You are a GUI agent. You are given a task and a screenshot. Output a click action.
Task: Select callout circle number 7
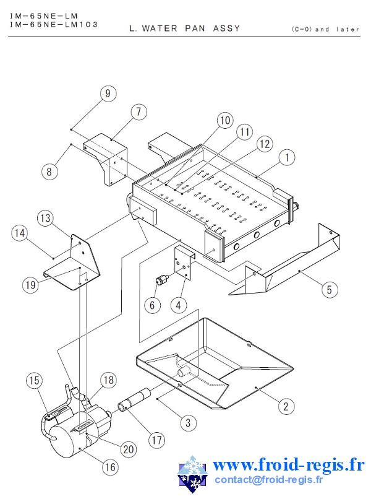(139, 112)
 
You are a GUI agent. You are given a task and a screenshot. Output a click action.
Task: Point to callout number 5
(330, 289)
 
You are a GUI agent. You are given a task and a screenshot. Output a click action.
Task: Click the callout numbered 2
(285, 406)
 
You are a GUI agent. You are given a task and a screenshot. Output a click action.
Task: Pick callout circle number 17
(156, 440)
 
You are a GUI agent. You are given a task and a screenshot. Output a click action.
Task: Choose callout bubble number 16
(110, 467)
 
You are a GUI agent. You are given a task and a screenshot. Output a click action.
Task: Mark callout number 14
(20, 233)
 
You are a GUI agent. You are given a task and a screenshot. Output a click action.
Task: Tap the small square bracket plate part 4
(183, 261)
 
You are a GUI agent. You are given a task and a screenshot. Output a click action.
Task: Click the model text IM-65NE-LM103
(54, 24)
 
